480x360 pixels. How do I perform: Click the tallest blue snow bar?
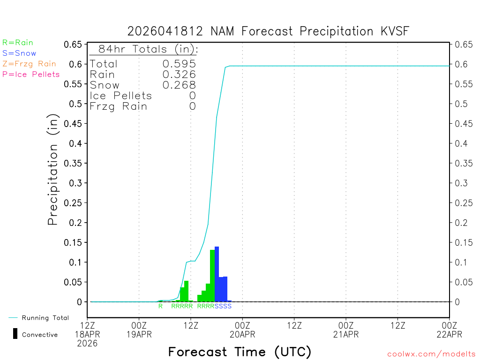[x=217, y=274]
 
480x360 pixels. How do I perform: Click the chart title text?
[x=268, y=31]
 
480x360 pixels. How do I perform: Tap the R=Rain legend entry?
[x=18, y=43]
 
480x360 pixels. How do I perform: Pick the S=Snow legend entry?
[x=19, y=53]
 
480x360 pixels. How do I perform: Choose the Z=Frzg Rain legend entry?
[x=29, y=63]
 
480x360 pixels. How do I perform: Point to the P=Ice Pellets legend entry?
[x=31, y=74]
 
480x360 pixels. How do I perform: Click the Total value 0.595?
[x=179, y=64]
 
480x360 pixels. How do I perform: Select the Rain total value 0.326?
[x=179, y=75]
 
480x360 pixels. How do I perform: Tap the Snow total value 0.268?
[x=179, y=85]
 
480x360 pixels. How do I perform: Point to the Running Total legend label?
[x=45, y=318]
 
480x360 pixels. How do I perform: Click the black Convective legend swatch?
[x=15, y=334]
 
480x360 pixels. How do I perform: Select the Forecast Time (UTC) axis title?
[x=240, y=352]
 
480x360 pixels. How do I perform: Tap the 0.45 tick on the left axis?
[x=75, y=123]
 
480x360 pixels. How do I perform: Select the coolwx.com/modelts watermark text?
[x=431, y=354]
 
